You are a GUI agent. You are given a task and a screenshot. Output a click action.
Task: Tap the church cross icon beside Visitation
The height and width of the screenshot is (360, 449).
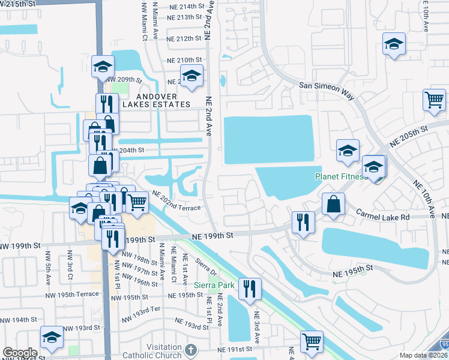click(191, 350)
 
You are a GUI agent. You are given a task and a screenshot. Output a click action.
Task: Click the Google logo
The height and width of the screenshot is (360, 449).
click(20, 353)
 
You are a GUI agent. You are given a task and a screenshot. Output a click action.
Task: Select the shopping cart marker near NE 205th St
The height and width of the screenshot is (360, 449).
click(434, 101)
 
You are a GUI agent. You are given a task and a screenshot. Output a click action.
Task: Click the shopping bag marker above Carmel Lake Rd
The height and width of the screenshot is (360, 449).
click(333, 205)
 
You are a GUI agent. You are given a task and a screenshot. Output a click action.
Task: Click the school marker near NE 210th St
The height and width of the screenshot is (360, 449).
click(191, 76)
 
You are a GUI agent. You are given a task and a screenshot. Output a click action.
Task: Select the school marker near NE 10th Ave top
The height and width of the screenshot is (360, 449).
click(394, 44)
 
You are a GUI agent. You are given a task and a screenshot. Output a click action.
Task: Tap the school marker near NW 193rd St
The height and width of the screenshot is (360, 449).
click(52, 339)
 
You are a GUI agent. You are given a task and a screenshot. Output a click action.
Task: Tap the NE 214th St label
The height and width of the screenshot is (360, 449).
click(184, 6)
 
